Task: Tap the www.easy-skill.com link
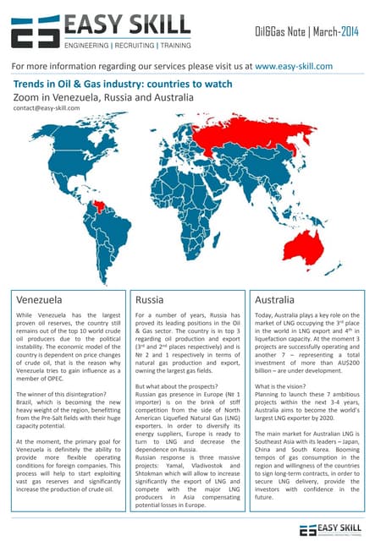293,65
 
